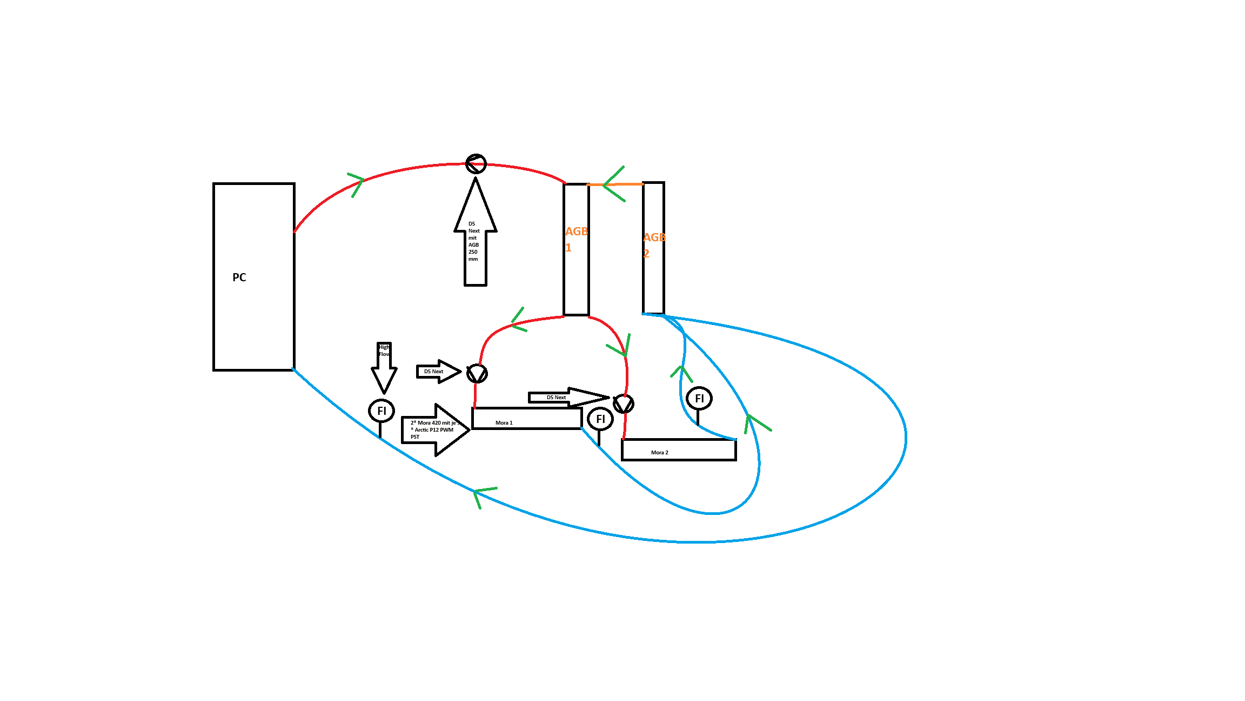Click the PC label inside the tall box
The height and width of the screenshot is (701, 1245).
tap(239, 277)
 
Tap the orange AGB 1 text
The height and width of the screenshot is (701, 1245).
tap(575, 239)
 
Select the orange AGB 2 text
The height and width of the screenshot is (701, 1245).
tap(653, 244)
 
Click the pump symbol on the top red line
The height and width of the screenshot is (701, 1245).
tap(476, 163)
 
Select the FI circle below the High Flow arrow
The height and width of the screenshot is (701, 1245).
tap(381, 411)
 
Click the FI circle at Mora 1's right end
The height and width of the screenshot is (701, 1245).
tap(600, 419)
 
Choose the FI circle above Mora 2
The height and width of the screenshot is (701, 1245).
tap(699, 399)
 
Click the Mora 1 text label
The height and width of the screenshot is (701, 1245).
tap(504, 423)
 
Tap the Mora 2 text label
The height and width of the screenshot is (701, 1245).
tap(659, 453)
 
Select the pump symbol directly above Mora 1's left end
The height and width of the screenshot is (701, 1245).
tap(477, 374)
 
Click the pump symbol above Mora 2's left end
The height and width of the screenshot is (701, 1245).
tap(624, 404)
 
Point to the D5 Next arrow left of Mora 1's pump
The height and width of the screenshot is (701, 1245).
tap(438, 372)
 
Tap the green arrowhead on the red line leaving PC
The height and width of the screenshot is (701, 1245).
tap(357, 182)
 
